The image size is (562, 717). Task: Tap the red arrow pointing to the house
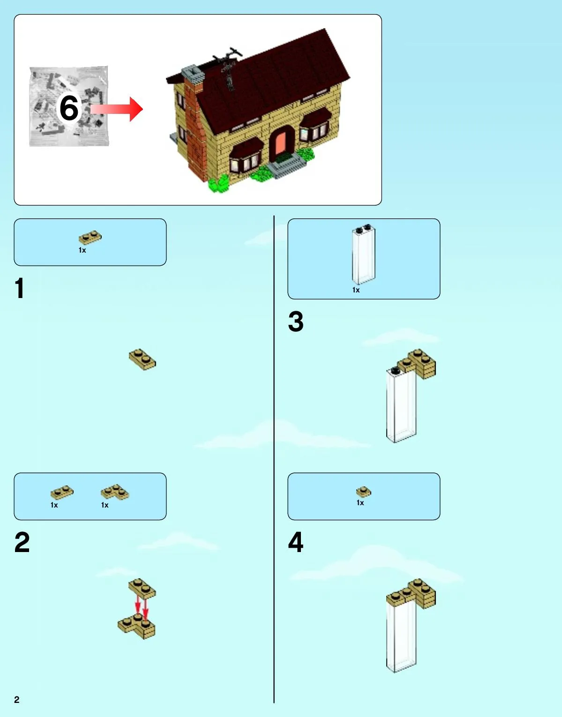pos(117,109)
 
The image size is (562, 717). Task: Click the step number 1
pos(20,288)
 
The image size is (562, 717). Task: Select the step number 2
pos(22,543)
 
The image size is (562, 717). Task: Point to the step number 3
pos(296,321)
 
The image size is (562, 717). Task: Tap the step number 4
pos(296,542)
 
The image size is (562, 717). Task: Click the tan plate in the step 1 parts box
pos(90,237)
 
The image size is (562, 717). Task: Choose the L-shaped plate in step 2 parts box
pos(115,492)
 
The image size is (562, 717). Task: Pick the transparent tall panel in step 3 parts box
pos(363,255)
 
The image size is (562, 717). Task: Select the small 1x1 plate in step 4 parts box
pos(364,492)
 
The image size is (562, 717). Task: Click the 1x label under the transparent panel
pos(356,290)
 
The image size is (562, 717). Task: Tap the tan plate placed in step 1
pos(142,359)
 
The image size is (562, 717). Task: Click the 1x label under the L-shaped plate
pos(105,505)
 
